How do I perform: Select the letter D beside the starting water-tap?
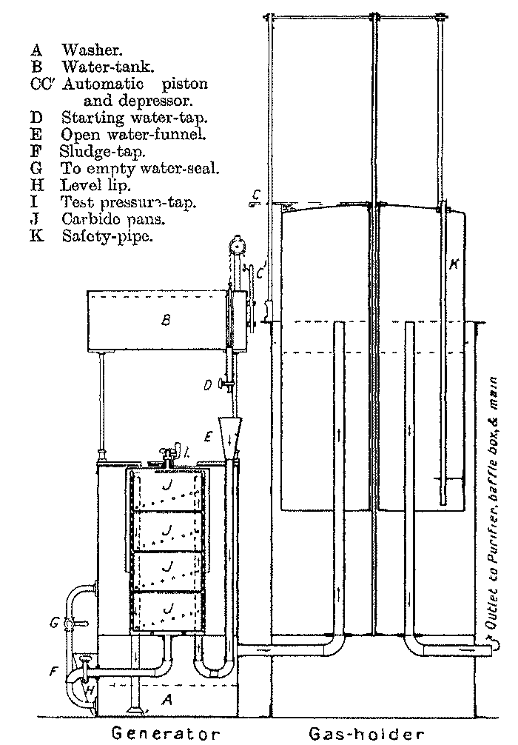[x=209, y=384]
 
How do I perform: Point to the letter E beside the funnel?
[x=209, y=437]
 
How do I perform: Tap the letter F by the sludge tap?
[x=53, y=672]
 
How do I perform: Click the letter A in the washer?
[x=167, y=701]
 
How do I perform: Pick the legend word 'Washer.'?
[x=91, y=50]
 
